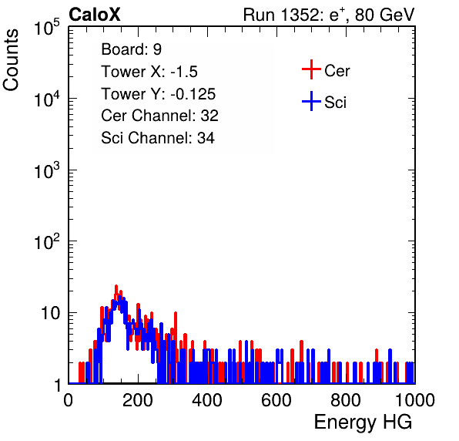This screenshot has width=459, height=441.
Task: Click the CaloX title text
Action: pos(95,15)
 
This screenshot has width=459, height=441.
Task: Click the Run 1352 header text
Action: pos(329,15)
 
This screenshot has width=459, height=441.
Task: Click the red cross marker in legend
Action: pos(311,69)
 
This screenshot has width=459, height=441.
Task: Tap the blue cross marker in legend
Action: pos(311,101)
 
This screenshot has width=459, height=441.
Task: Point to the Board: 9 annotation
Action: pos(131,49)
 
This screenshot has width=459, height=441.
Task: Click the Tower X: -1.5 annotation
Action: pos(149,72)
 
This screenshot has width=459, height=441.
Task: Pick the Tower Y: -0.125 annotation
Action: pos(159,94)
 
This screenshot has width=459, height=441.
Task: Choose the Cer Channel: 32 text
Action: pos(159,116)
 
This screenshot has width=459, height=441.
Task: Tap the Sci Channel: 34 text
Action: pos(158,138)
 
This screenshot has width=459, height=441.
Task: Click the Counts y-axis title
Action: pos(11,60)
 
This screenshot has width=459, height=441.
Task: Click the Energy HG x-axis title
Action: pos(363,422)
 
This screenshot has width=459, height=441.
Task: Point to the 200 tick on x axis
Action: pos(138,400)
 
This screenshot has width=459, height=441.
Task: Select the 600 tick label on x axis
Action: pos(276,400)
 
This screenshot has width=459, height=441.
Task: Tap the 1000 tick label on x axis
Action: pos(415,400)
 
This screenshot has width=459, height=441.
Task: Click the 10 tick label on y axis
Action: pos(50,313)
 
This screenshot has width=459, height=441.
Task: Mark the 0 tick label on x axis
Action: pos(69,400)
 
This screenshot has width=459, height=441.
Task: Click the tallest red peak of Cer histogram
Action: pos(116,286)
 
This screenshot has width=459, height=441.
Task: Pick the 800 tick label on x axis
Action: pos(346,400)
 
